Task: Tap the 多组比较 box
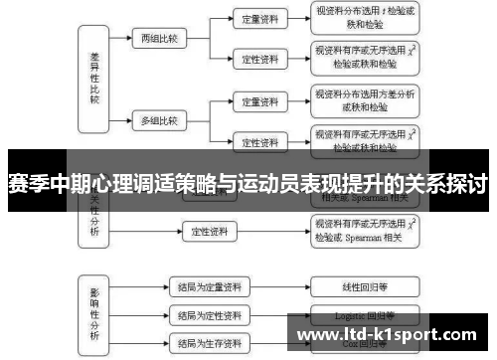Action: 158,120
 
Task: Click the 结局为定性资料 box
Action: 208,315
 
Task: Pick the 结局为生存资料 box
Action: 208,344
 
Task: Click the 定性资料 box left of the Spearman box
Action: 210,232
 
